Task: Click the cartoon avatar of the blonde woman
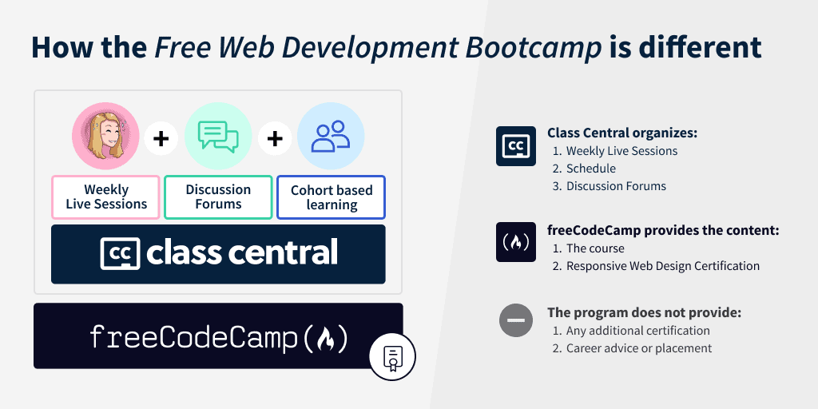[105, 137]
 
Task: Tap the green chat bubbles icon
[218, 137]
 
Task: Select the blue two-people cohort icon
[331, 137]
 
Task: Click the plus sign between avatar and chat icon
[161, 138]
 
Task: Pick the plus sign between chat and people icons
[275, 138]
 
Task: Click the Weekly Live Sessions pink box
[106, 197]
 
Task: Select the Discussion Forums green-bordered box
[218, 197]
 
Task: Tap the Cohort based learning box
[332, 197]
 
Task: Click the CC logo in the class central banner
[120, 253]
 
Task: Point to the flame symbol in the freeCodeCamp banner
[325, 338]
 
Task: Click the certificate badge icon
[392, 357]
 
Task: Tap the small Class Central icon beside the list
[516, 146]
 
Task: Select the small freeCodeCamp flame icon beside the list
[516, 242]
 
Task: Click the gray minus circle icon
[516, 321]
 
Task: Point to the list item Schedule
[590, 169]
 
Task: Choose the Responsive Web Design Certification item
[662, 266]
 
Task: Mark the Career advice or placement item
[638, 348]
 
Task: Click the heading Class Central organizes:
[622, 133]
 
